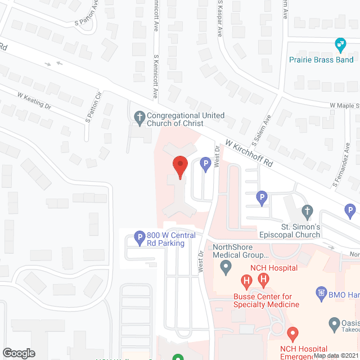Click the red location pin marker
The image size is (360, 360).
tap(179, 167)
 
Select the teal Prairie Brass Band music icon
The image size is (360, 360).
tap(340, 44)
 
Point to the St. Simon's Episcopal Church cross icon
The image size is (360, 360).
tap(307, 212)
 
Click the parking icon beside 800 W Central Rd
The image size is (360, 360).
tap(139, 239)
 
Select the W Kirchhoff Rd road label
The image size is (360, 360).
tap(249, 153)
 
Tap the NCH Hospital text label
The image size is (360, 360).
tap(274, 268)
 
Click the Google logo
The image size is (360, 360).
tap(19, 353)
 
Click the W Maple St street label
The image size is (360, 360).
tap(344, 105)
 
